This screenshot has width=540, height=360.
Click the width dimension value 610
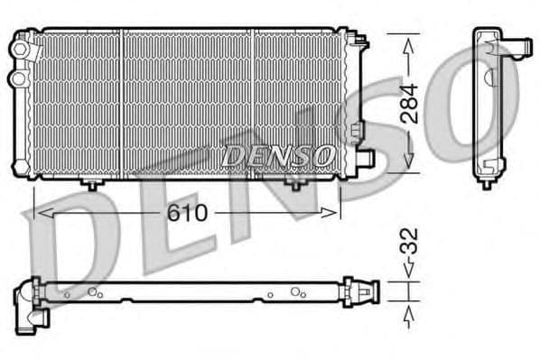click(187, 214)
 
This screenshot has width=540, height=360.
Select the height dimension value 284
click(409, 104)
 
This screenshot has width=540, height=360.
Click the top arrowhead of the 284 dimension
click(409, 42)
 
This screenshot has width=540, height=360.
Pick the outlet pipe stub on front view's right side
click(365, 159)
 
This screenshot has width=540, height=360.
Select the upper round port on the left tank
click(17, 50)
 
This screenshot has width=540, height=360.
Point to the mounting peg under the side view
click(487, 183)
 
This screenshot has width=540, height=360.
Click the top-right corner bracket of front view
click(358, 40)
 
